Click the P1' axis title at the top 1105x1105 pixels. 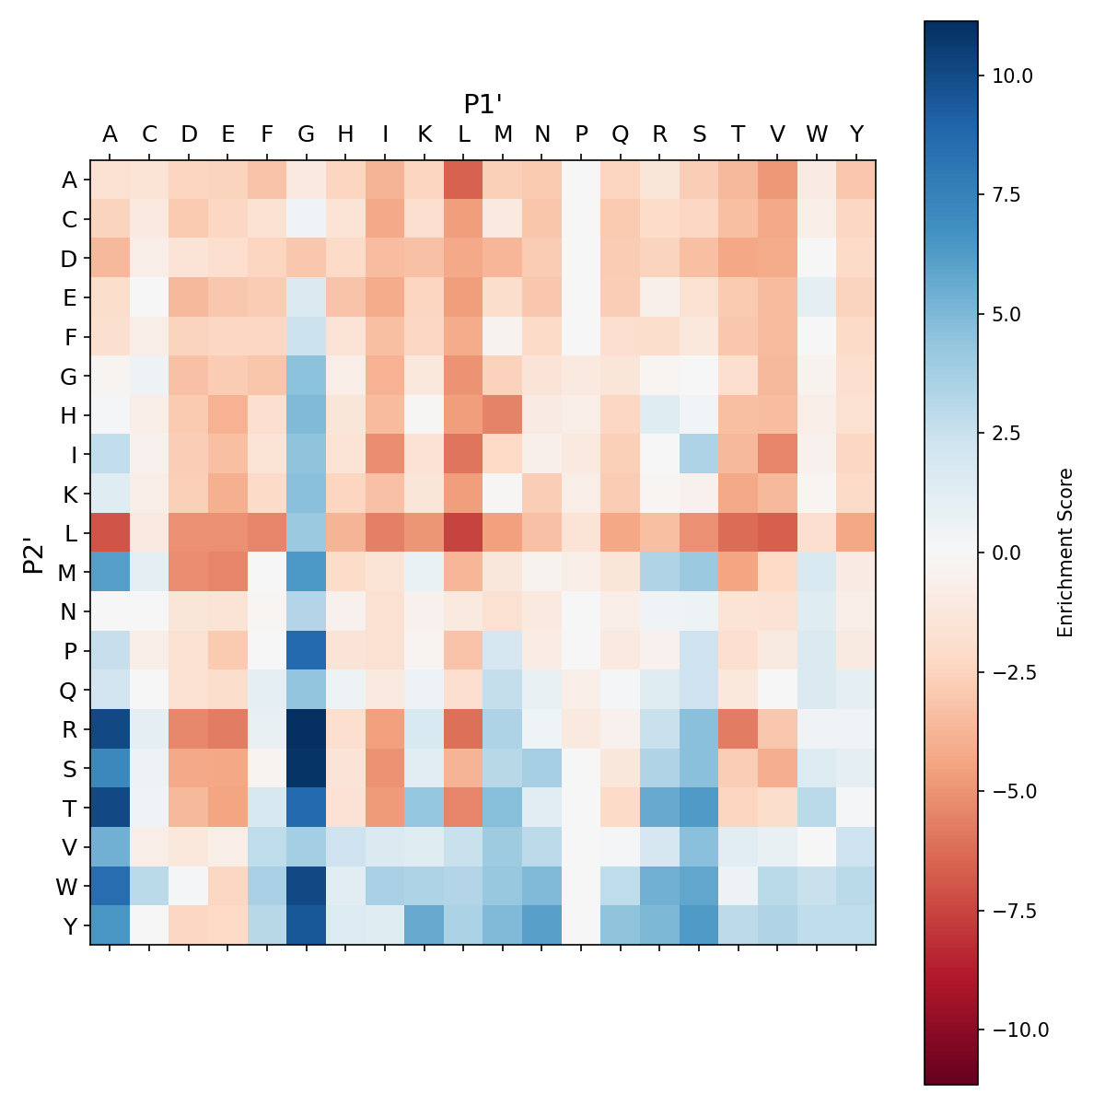[x=483, y=104]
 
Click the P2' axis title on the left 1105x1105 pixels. [x=33, y=553]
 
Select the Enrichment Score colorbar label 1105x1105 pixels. [x=1065, y=552]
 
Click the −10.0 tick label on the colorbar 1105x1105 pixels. [x=1016, y=1029]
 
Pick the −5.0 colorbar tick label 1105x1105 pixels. [x=1011, y=791]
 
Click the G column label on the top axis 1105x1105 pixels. [x=307, y=134]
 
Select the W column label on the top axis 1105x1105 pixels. [x=817, y=134]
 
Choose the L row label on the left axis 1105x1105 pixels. [x=69, y=533]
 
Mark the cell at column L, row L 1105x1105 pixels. [x=463, y=533]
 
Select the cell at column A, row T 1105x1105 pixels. [x=110, y=808]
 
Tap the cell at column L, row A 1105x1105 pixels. [x=463, y=180]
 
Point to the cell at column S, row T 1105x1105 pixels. [x=699, y=808]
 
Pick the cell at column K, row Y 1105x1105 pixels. [x=425, y=925]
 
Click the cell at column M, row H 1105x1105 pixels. [x=503, y=415]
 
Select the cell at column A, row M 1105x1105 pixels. [x=110, y=573]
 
